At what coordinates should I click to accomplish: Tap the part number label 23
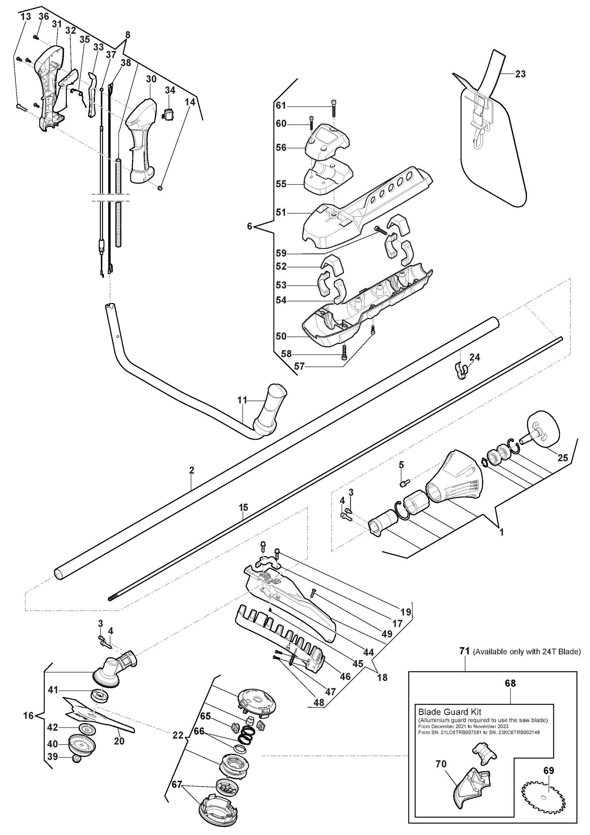(x=520, y=74)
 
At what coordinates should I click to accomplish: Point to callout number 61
(x=281, y=105)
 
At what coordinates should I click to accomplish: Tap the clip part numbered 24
(x=461, y=370)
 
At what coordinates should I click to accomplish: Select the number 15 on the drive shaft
(x=243, y=507)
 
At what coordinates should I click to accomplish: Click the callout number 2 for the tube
(x=192, y=470)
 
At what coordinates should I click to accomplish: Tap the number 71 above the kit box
(x=465, y=651)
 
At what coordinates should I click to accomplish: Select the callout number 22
(x=178, y=735)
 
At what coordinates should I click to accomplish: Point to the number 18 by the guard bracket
(x=382, y=677)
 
